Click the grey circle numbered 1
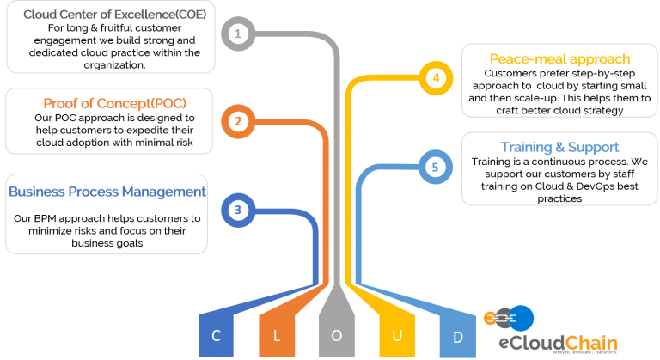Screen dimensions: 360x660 (238, 34)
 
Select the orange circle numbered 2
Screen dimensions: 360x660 (238, 121)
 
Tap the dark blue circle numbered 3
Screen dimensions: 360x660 (238, 210)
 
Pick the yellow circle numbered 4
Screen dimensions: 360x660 (436, 78)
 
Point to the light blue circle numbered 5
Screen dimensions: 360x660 (436, 167)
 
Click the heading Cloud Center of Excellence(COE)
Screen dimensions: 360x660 (114, 15)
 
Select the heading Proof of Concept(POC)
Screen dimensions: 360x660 (115, 104)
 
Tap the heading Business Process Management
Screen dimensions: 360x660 (107, 192)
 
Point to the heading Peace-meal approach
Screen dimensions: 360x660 (559, 59)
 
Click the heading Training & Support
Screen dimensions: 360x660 (559, 148)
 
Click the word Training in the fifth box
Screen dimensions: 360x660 (526, 148)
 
